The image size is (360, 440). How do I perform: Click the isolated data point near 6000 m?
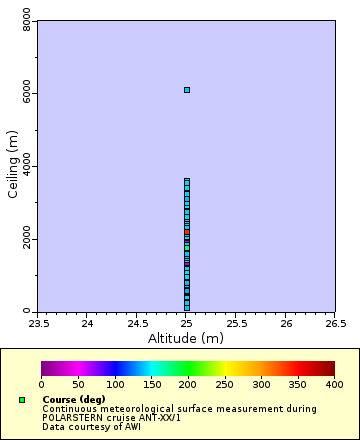click(x=186, y=90)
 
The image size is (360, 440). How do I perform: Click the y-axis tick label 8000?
click(x=26, y=22)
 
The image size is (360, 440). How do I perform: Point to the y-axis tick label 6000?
click(x=26, y=94)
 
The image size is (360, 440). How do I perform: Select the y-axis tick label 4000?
click(x=26, y=167)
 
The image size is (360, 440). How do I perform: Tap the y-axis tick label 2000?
click(x=26, y=240)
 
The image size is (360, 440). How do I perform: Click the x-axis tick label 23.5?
click(x=38, y=323)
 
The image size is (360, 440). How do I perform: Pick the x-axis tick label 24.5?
click(x=137, y=323)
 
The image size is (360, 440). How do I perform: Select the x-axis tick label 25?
click(x=186, y=323)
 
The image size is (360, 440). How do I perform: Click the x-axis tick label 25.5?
click(x=236, y=323)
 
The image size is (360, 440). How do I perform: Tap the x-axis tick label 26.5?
click(x=335, y=323)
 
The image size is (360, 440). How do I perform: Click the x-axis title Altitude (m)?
click(x=186, y=338)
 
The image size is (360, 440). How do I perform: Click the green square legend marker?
click(x=22, y=400)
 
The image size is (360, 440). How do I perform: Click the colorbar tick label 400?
click(x=334, y=384)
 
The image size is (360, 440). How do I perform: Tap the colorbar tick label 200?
click(x=188, y=384)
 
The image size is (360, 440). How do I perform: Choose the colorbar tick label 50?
click(x=78, y=384)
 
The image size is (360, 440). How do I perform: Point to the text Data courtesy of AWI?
click(x=91, y=427)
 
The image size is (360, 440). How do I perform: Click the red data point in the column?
click(x=186, y=232)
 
